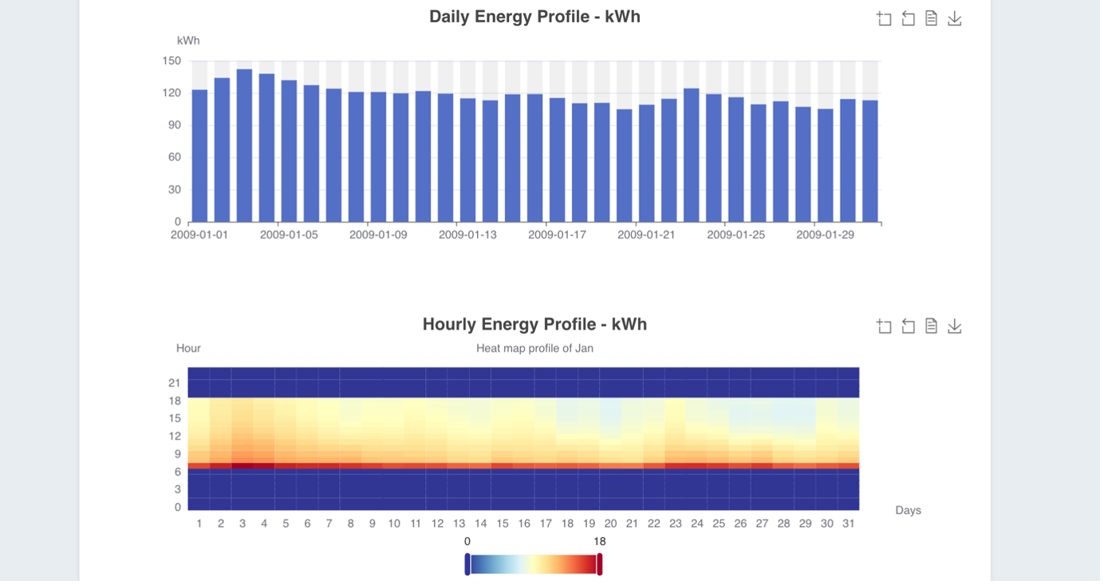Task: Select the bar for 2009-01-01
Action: tap(199, 156)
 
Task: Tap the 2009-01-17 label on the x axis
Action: tap(557, 235)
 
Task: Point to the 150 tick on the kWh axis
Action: tap(172, 61)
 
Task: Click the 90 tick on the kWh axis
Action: tap(175, 125)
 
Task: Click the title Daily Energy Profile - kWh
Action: tap(534, 17)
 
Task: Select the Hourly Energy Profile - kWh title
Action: tap(534, 325)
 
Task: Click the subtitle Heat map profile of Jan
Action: tap(534, 349)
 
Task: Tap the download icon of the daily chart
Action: tap(954, 18)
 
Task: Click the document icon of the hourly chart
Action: tap(931, 326)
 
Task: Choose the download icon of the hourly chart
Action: tap(954, 326)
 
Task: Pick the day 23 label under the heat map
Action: tap(676, 524)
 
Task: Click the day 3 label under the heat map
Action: tap(242, 524)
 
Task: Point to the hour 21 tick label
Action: tap(175, 383)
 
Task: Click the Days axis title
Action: tap(908, 511)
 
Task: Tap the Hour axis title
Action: tap(188, 349)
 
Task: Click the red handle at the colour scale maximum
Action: tap(600, 564)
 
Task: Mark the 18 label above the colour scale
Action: tap(600, 542)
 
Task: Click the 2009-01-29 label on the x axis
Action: tap(825, 235)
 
